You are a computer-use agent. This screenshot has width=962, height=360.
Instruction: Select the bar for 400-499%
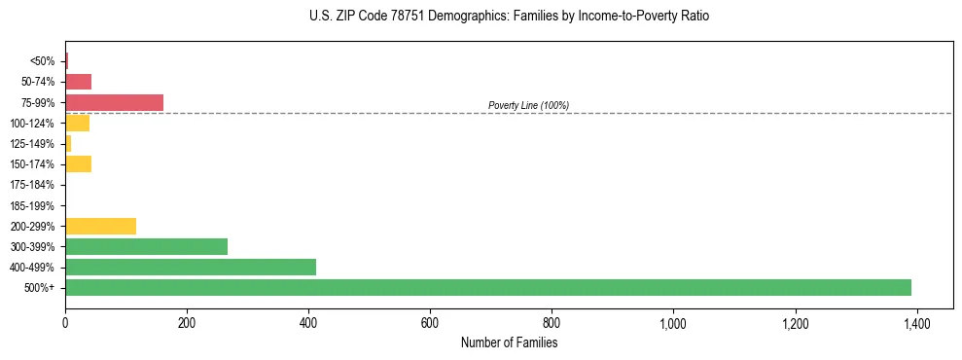click(x=191, y=267)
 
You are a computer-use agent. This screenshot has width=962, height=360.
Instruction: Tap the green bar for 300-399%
click(x=146, y=246)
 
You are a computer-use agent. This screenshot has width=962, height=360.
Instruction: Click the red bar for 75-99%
click(x=114, y=102)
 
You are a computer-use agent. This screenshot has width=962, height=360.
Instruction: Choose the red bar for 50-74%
click(x=78, y=82)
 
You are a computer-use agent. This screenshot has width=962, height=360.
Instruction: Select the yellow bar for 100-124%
click(x=77, y=123)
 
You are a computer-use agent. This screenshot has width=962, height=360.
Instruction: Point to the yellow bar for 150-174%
click(x=78, y=164)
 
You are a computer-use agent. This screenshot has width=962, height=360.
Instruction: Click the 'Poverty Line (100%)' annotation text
click(x=528, y=105)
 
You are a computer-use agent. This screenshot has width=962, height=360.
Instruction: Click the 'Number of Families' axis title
click(x=509, y=342)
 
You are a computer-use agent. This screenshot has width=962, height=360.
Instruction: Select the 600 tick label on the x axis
click(x=430, y=321)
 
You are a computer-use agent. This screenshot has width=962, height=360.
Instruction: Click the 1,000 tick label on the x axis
click(x=673, y=321)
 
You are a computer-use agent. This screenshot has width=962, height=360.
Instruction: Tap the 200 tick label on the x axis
click(x=187, y=321)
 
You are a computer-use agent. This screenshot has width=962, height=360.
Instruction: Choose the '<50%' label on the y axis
click(x=43, y=61)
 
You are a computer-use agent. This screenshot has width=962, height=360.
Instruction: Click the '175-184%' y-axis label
click(x=34, y=185)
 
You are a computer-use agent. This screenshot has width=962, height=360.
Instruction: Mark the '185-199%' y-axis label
click(x=34, y=205)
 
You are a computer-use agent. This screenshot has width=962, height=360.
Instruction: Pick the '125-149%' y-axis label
click(x=34, y=144)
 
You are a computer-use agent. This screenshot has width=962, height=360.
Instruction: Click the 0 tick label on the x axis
click(x=65, y=321)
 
